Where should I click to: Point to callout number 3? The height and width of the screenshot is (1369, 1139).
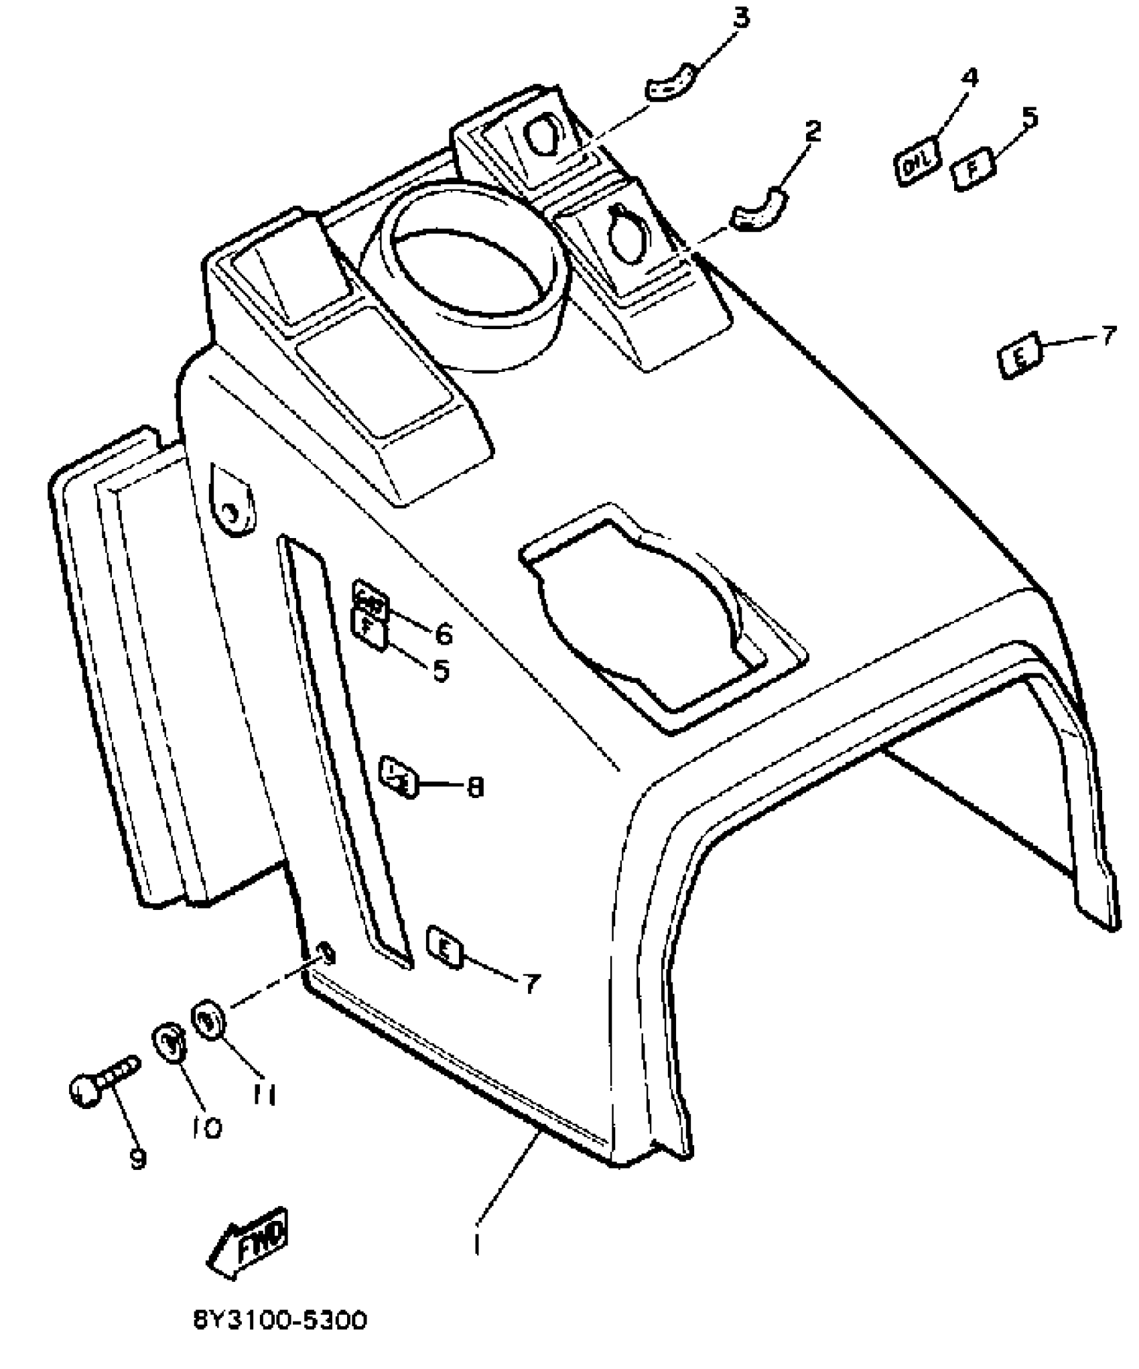pos(740,19)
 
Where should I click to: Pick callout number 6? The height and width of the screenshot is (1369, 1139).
pos(443,633)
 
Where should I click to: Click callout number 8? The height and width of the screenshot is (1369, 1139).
pos(475,787)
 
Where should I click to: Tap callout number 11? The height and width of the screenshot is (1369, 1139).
pos(265,1095)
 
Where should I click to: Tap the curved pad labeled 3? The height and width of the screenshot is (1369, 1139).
pos(673,83)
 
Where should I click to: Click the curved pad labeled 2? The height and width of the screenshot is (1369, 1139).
pos(758,209)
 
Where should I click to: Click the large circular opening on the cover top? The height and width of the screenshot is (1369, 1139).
pos(472,268)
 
